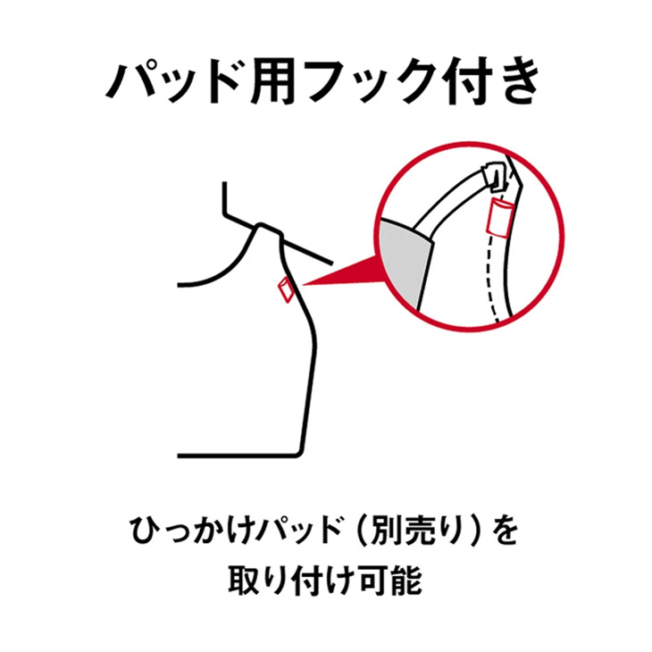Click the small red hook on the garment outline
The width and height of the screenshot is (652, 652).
(x=286, y=289)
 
